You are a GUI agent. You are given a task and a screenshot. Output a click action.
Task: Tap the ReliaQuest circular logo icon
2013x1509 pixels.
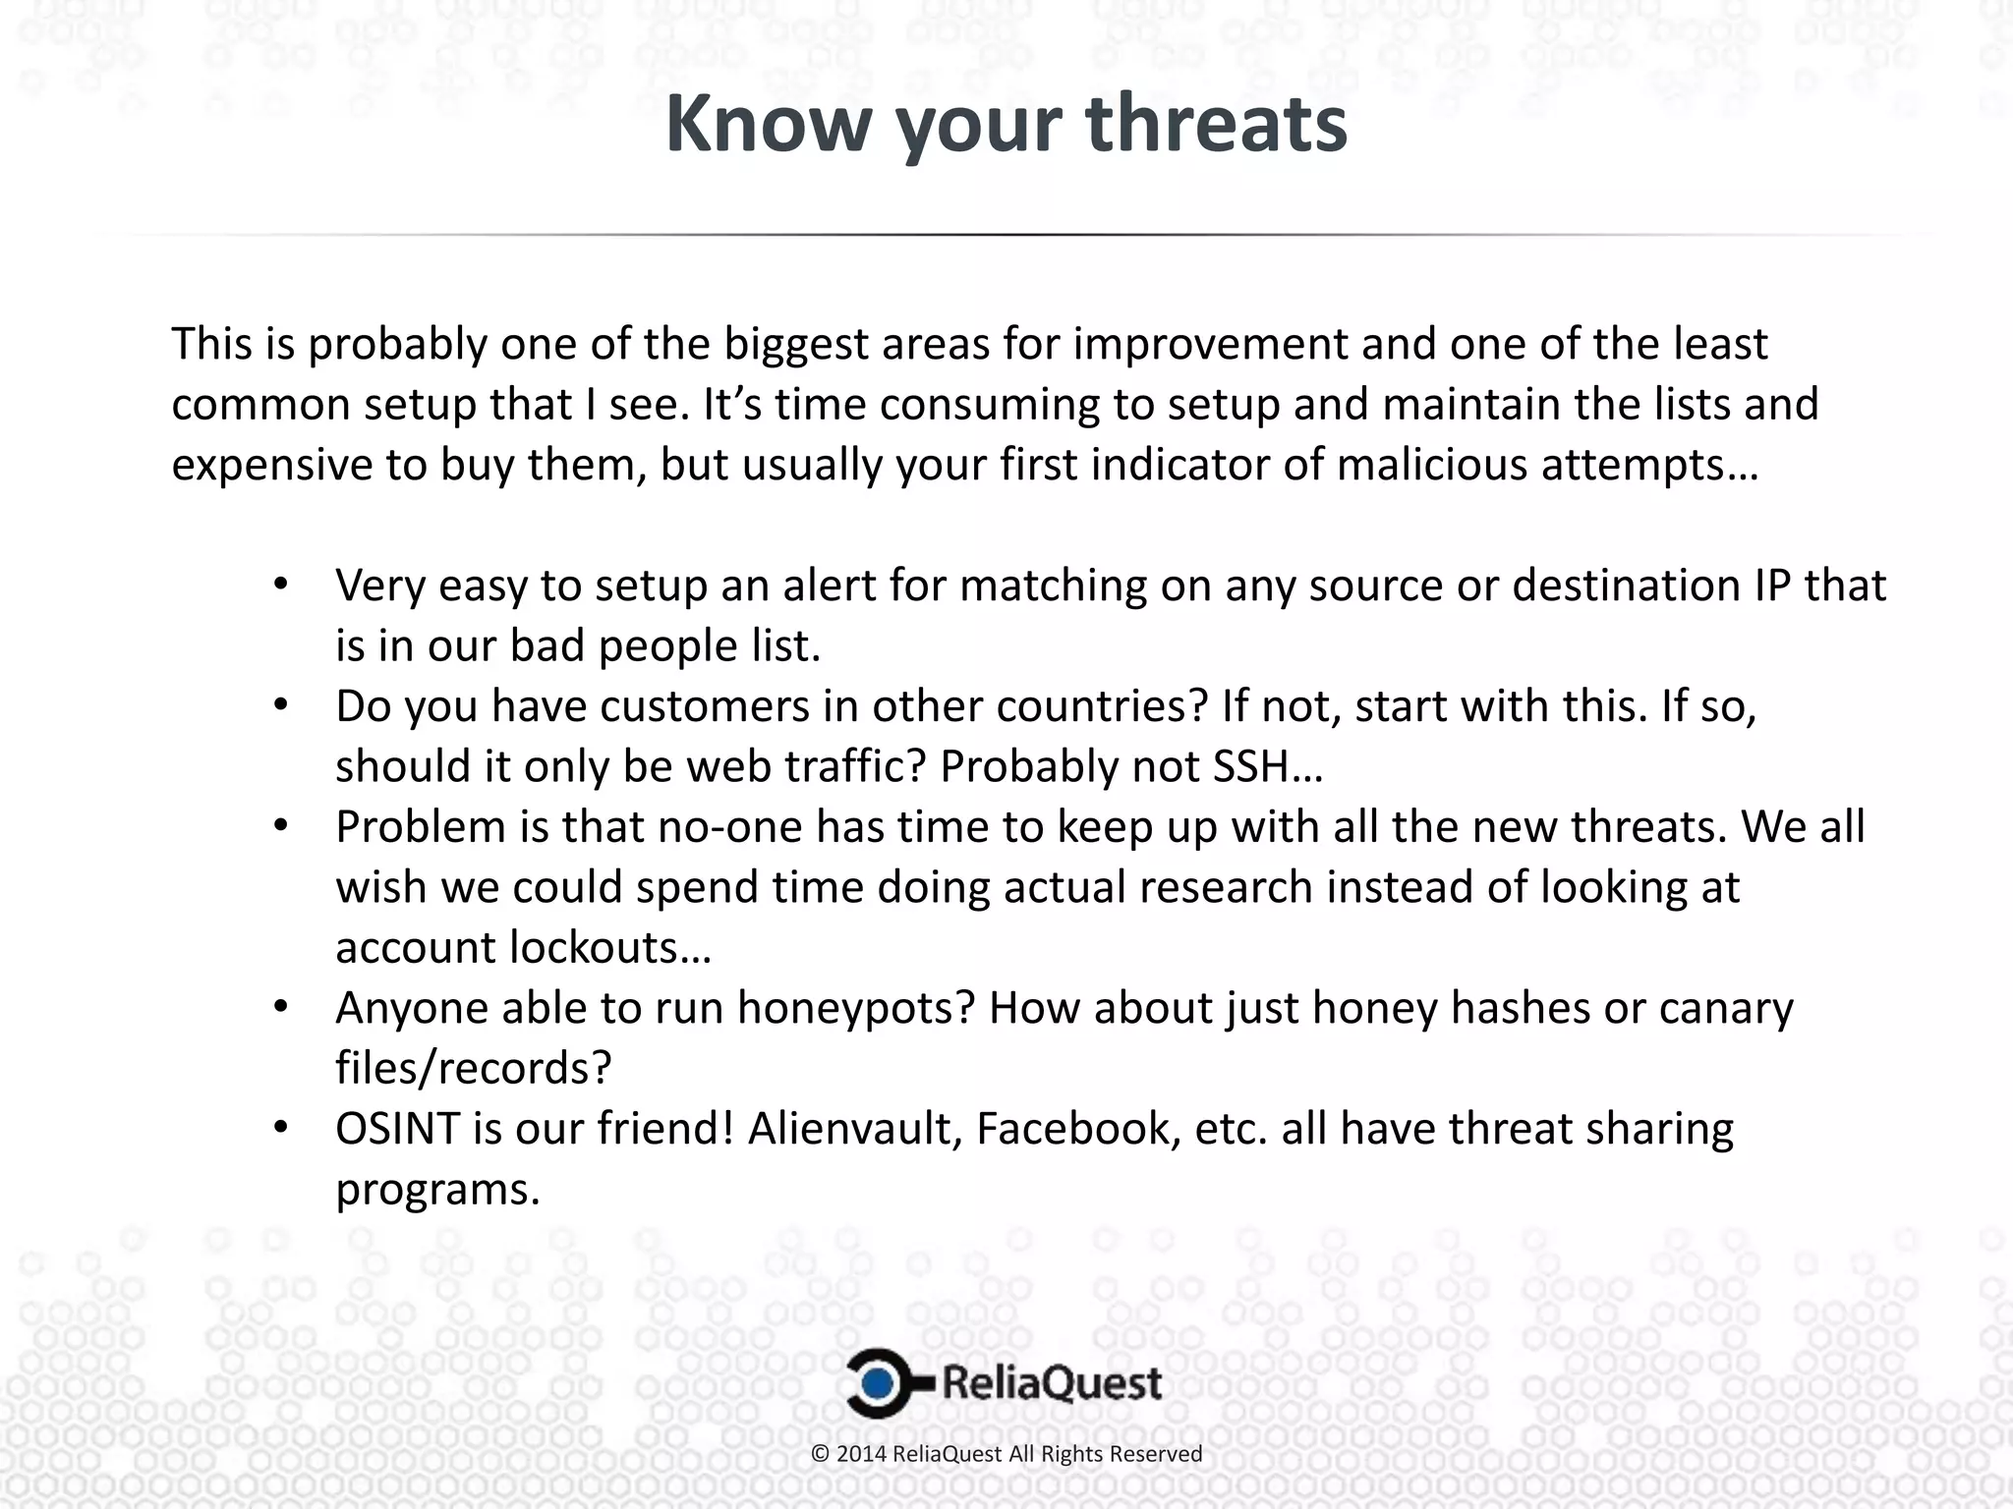[881, 1383]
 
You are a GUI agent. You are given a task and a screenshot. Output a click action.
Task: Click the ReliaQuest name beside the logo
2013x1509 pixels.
[1052, 1383]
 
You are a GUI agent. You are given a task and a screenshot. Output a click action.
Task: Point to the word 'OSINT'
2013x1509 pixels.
[397, 1129]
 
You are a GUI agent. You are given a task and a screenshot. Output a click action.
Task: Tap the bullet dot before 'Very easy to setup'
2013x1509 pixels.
[280, 585]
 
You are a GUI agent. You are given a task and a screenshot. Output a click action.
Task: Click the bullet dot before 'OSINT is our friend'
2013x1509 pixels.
[280, 1128]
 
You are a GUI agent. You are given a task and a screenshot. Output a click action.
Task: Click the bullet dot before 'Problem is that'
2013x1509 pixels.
[280, 826]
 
